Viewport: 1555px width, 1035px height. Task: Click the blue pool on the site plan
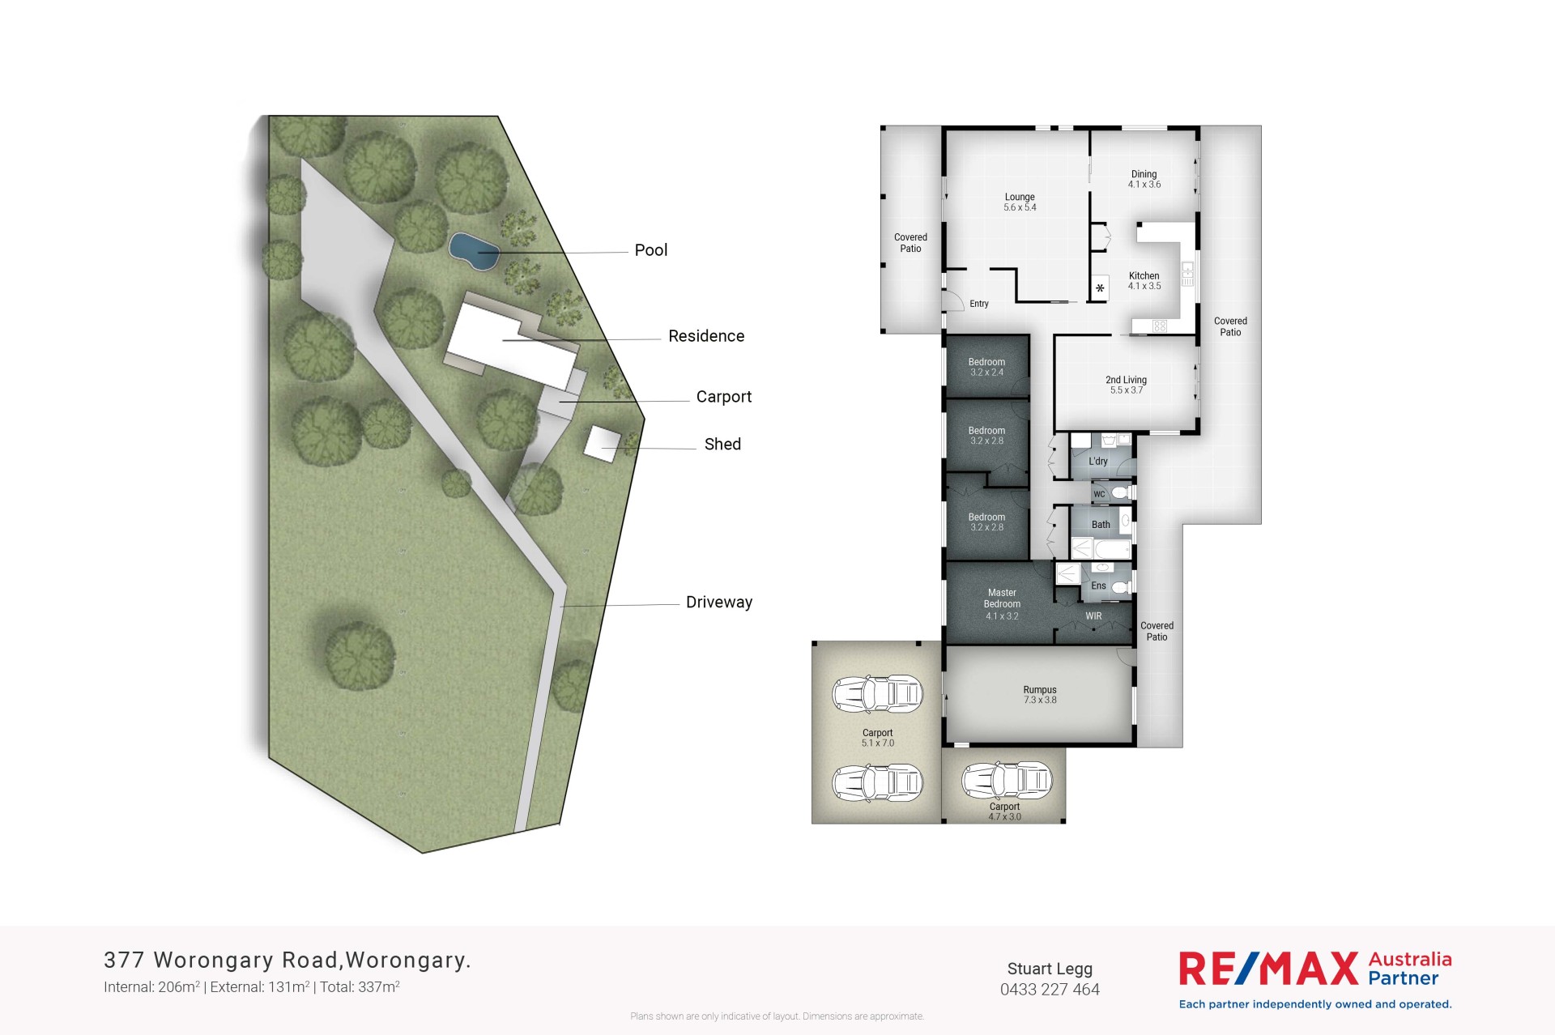point(474,251)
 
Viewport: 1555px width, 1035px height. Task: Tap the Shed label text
point(722,444)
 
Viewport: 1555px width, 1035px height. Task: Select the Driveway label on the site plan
point(719,602)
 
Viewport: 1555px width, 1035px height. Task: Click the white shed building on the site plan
point(603,444)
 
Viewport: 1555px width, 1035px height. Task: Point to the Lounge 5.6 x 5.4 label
point(1020,202)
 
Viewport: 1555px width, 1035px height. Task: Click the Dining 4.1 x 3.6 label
point(1144,179)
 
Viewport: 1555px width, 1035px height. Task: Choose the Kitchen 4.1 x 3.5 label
point(1144,281)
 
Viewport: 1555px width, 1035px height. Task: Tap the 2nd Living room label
point(1127,385)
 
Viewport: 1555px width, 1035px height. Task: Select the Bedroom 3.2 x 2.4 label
point(986,367)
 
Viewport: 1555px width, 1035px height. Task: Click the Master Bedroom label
point(1002,604)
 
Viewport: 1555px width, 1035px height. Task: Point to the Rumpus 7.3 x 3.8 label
point(1040,695)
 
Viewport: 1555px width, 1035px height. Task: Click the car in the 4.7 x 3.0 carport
point(1007,781)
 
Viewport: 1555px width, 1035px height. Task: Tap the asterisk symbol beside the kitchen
point(1100,288)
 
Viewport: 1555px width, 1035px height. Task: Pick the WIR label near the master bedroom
point(1093,616)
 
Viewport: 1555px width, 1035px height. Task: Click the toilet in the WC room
point(1122,492)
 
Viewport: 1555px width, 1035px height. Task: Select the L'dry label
point(1098,461)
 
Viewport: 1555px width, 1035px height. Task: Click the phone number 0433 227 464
point(1050,990)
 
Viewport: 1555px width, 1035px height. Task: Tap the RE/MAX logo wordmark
point(1268,969)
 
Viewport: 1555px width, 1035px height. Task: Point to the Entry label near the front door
point(979,304)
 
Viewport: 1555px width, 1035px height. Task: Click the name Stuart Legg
point(1050,969)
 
